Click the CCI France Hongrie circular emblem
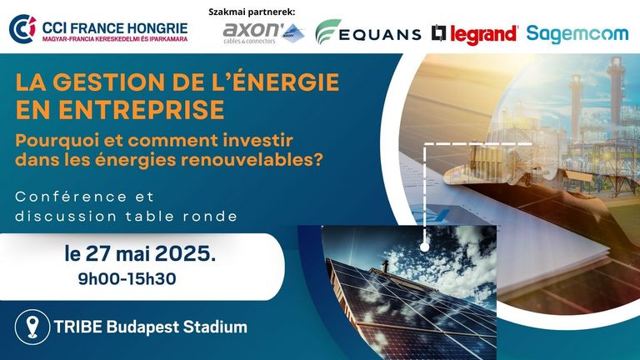point(22,29)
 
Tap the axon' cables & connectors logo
point(263,33)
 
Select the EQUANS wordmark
point(380,35)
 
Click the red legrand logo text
point(483,34)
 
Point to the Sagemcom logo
point(577,34)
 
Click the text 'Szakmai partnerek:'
point(252,12)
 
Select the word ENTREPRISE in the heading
point(142,109)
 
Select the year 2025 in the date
point(185,254)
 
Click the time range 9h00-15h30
point(127,279)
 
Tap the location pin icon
point(32,327)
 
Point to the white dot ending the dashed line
point(424,247)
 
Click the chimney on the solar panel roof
point(384,267)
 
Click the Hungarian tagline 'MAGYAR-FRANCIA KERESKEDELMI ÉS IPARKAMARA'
point(115,39)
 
